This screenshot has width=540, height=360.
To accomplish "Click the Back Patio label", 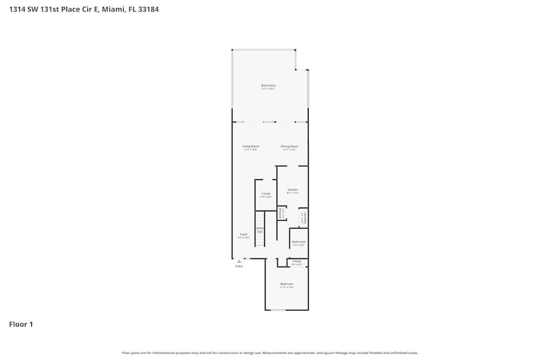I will (x=268, y=85).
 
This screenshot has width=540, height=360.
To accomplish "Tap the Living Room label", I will (x=251, y=146).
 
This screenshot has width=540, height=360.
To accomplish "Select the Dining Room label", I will (x=289, y=146).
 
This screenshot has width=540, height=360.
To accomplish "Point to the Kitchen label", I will (x=293, y=190).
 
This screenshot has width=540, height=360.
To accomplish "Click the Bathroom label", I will (x=299, y=242).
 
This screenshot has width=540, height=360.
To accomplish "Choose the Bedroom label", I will (x=286, y=284).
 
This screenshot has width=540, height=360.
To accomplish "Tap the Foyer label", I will (x=244, y=234).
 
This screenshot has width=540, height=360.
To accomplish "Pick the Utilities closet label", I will (x=280, y=214).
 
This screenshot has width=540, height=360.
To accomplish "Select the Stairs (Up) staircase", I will (x=260, y=229).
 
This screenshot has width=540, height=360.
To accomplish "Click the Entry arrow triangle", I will (x=239, y=261).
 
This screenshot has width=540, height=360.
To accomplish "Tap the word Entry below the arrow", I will (x=239, y=266).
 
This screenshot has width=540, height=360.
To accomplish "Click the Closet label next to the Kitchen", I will (x=266, y=194).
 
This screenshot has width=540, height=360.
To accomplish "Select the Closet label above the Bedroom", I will (x=296, y=261).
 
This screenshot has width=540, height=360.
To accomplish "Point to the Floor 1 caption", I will (x=21, y=324).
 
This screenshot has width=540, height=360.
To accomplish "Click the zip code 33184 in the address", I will (x=148, y=9).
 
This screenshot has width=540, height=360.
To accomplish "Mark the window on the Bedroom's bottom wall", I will (x=278, y=310).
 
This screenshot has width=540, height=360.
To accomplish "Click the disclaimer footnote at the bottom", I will (x=270, y=352).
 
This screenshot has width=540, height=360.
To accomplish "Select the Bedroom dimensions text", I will (x=286, y=288).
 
